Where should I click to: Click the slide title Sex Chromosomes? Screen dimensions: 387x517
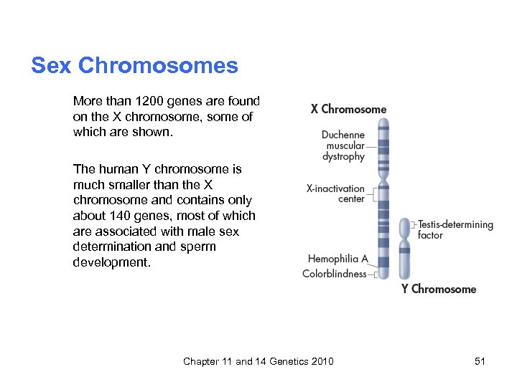click(x=134, y=66)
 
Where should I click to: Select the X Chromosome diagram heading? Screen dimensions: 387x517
click(x=348, y=110)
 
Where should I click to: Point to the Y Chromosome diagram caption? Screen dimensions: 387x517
click(x=439, y=290)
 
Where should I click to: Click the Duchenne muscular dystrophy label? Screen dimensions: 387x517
click(x=343, y=145)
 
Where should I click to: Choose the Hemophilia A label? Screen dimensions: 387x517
click(x=337, y=259)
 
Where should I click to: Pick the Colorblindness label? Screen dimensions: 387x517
click(x=335, y=274)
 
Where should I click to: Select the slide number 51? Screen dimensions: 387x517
click(x=480, y=361)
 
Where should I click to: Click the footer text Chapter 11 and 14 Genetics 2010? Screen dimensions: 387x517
click(x=258, y=361)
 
